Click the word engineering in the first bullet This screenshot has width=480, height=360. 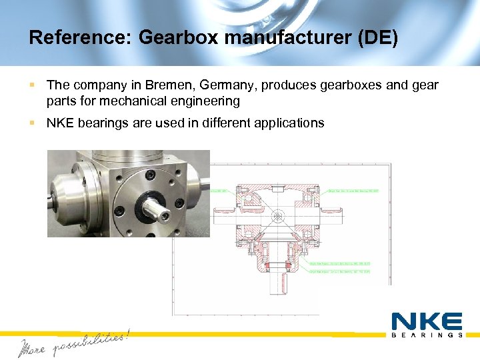[207, 101]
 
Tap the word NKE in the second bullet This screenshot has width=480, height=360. [60, 123]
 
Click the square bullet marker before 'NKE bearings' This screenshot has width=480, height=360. [32, 123]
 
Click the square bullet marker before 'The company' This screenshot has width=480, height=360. [32, 85]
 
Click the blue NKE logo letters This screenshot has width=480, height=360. [427, 321]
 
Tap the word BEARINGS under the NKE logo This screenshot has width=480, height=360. [427, 335]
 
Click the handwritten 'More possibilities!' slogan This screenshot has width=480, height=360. [73, 342]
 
